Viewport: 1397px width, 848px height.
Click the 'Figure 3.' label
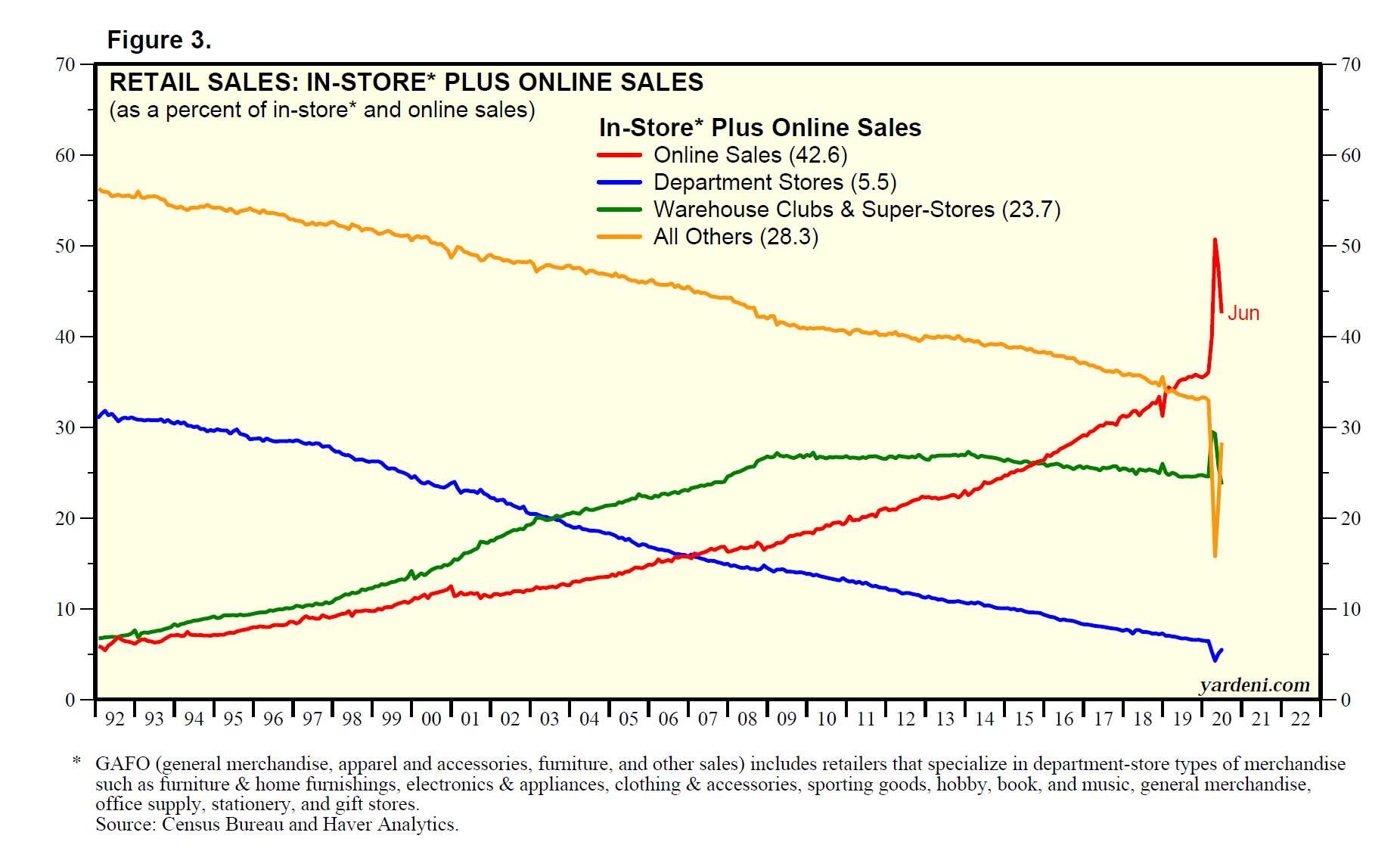[x=159, y=40]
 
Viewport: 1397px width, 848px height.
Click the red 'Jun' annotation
[x=1243, y=313]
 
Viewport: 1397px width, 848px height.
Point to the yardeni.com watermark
[x=1254, y=685]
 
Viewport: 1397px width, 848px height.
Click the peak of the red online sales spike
[x=1215, y=240]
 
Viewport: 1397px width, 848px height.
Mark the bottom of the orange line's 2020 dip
[x=1215, y=556]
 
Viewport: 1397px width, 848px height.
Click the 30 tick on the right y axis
[x=1351, y=427]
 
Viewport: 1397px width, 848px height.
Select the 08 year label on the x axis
[x=747, y=719]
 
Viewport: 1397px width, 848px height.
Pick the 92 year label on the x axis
[x=115, y=719]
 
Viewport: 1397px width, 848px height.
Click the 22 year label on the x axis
[x=1300, y=719]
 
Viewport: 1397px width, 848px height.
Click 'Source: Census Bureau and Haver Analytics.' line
[x=277, y=825]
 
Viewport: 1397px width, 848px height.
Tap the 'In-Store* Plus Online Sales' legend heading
[x=759, y=128]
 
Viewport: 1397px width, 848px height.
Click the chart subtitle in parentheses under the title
[x=322, y=110]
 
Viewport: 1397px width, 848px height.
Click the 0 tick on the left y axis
[x=70, y=700]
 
